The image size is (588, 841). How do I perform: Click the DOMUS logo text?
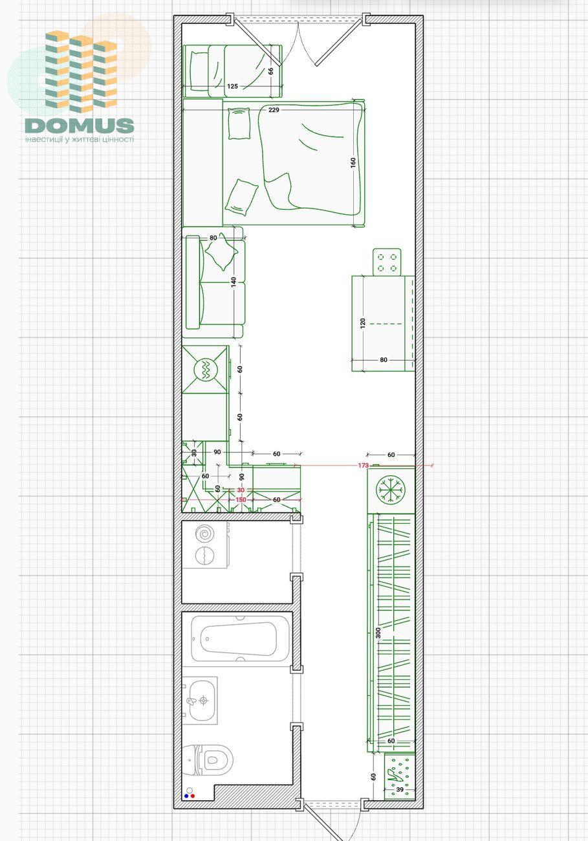tap(80, 126)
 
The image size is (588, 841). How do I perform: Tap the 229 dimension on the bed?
tap(274, 110)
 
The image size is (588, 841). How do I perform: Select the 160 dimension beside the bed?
tap(353, 163)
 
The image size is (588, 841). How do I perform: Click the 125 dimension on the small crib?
tap(232, 86)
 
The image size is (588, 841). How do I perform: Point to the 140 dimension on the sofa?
tap(234, 282)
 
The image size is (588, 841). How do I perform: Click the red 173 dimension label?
tap(364, 465)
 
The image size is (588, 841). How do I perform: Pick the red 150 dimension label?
tap(241, 500)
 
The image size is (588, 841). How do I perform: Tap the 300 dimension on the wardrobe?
tap(378, 633)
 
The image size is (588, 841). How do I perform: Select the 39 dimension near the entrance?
tap(400, 790)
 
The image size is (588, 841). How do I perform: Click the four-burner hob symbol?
tap(387, 262)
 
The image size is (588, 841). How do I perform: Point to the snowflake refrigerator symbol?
tap(391, 489)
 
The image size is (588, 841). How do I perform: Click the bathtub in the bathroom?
tap(240, 638)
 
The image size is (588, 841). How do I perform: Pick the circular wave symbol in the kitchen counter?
tap(206, 370)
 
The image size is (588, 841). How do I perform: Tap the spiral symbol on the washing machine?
tap(205, 533)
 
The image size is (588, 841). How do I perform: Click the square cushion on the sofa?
tap(221, 252)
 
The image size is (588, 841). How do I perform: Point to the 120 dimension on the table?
tap(362, 324)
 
